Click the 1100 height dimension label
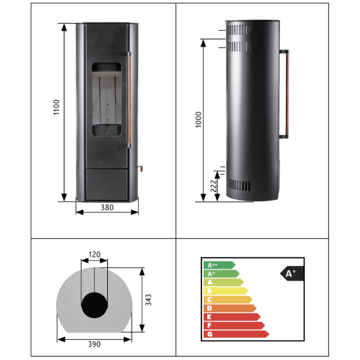pos(56,107)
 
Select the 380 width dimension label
pos(107,208)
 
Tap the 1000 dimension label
pos(198,120)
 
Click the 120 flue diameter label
pos(94,254)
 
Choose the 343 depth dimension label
pos(148,300)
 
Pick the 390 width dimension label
pos(94,344)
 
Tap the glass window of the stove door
pos(107,99)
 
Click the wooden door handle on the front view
pos(129,100)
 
